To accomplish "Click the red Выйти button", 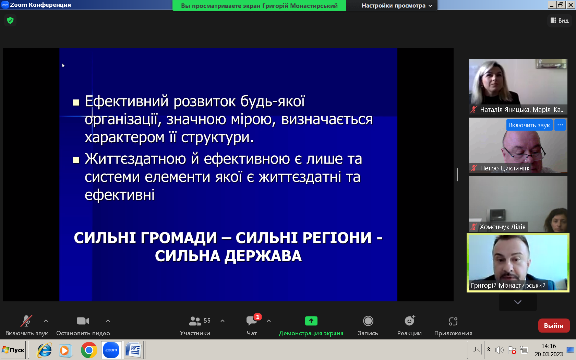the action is pyautogui.click(x=554, y=326).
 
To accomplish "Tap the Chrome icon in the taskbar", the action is pyautogui.click(x=89, y=350).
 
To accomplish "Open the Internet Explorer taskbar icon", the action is pyautogui.click(x=45, y=350).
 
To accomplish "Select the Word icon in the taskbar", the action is pyautogui.click(x=133, y=350).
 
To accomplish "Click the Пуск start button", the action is pyautogui.click(x=13, y=350).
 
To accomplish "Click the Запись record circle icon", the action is pyautogui.click(x=368, y=321).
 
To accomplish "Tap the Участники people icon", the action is pyautogui.click(x=195, y=321).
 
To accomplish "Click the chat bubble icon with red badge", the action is pyautogui.click(x=252, y=320).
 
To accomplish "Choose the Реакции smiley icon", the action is pyautogui.click(x=410, y=321).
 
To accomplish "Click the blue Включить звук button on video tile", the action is pyautogui.click(x=529, y=125).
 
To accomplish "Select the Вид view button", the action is pyautogui.click(x=560, y=21).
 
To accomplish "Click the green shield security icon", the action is pyautogui.click(x=10, y=20).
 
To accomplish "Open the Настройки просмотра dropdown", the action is pyautogui.click(x=397, y=5).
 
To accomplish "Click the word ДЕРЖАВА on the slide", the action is pyautogui.click(x=263, y=256).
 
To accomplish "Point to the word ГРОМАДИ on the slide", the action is pyautogui.click(x=179, y=238).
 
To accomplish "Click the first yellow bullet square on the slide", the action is pyautogui.click(x=76, y=103).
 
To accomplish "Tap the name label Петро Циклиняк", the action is pyautogui.click(x=505, y=168).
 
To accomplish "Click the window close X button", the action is pyautogui.click(x=571, y=5).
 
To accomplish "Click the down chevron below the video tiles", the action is pyautogui.click(x=518, y=302).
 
